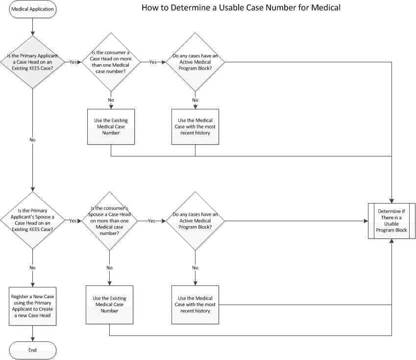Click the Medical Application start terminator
coord(33,9)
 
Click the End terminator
coord(33,350)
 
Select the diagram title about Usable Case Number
coord(241,8)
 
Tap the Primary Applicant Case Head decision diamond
coord(33,62)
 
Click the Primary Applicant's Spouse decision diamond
coord(33,221)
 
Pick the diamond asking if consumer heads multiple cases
coord(111,62)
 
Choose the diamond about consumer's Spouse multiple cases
coord(109,221)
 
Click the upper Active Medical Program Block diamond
coord(196,62)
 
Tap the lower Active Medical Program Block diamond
coord(196,221)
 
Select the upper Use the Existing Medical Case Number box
coord(111,127)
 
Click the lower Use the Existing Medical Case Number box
coord(109,304)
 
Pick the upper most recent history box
coord(196,127)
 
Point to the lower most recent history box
coord(196,304)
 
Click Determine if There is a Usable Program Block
coord(392,221)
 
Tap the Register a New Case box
coord(33,304)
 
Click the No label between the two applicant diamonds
coord(33,140)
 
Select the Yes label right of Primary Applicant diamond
coord(73,62)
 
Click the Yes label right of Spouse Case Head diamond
coord(73,221)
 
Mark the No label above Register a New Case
coord(33,268)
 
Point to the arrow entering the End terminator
coord(33,337)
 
